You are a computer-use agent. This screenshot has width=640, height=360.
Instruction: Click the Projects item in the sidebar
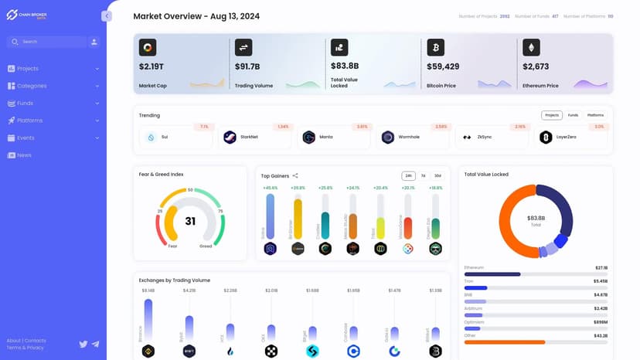[x=28, y=69]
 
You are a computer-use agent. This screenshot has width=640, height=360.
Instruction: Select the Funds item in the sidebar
[x=25, y=104]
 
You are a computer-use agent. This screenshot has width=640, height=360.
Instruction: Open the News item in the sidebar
[x=24, y=155]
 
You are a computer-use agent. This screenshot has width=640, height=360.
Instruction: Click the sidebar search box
[x=46, y=42]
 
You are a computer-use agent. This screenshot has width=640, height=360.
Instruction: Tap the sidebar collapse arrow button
[x=107, y=16]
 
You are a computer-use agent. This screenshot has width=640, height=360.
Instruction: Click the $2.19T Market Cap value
[x=151, y=66]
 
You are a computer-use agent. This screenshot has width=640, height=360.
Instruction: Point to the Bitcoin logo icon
[x=435, y=48]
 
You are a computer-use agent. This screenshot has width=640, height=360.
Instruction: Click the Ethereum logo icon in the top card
[x=531, y=48]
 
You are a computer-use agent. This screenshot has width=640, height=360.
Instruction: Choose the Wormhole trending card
[x=414, y=137]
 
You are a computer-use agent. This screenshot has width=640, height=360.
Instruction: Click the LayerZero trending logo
[x=546, y=137]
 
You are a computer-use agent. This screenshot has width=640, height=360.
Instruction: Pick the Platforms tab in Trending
[x=595, y=115]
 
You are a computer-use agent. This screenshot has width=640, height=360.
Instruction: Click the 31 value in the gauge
[x=190, y=221]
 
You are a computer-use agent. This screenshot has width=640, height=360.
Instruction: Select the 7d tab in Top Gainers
[x=423, y=176]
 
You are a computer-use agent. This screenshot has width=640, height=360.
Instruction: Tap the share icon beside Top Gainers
[x=295, y=176]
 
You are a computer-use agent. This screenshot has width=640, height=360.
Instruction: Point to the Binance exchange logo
[x=148, y=351]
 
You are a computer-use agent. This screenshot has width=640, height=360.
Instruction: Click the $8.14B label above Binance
[x=148, y=290]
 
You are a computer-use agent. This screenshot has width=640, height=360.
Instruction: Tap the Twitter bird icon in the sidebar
[x=83, y=344]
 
